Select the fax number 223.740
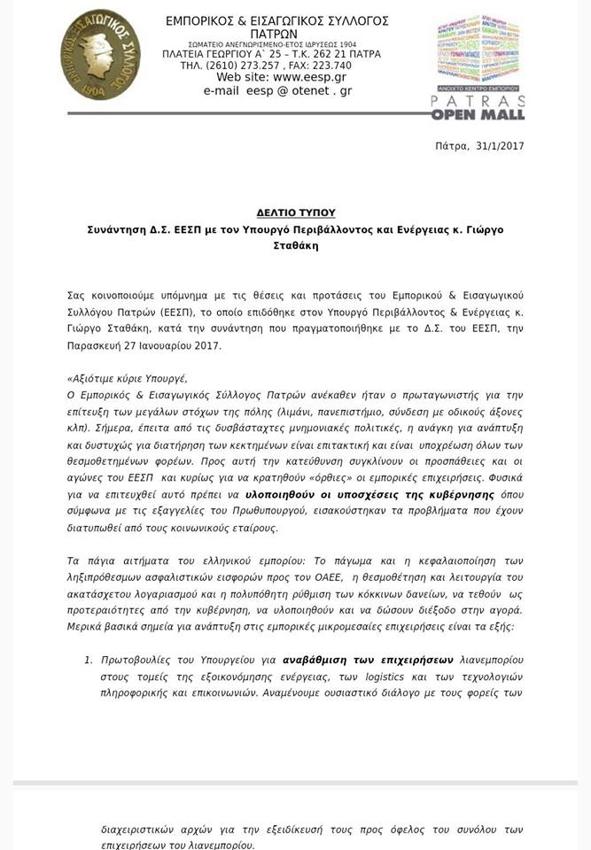[x=332, y=66]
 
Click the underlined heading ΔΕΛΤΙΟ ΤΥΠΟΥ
[x=296, y=213]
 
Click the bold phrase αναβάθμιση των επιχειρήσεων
[x=368, y=660]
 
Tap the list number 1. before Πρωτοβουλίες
[x=89, y=660]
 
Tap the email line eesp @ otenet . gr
[x=277, y=90]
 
